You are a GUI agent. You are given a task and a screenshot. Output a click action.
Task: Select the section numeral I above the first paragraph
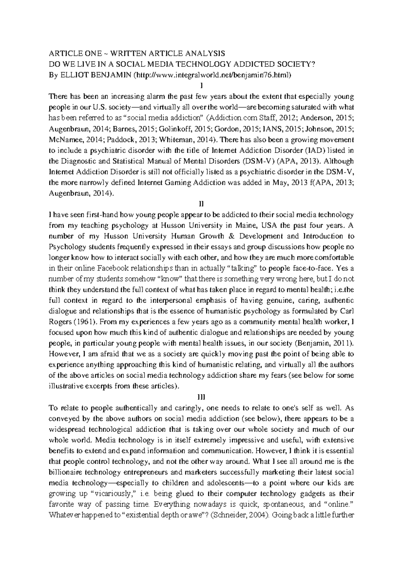coord(201,86)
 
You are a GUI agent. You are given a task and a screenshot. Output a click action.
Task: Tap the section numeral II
coord(201,204)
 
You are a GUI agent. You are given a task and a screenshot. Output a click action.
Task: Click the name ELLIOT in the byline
coord(71,75)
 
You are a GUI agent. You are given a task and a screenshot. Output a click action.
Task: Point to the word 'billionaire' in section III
coord(63,472)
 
